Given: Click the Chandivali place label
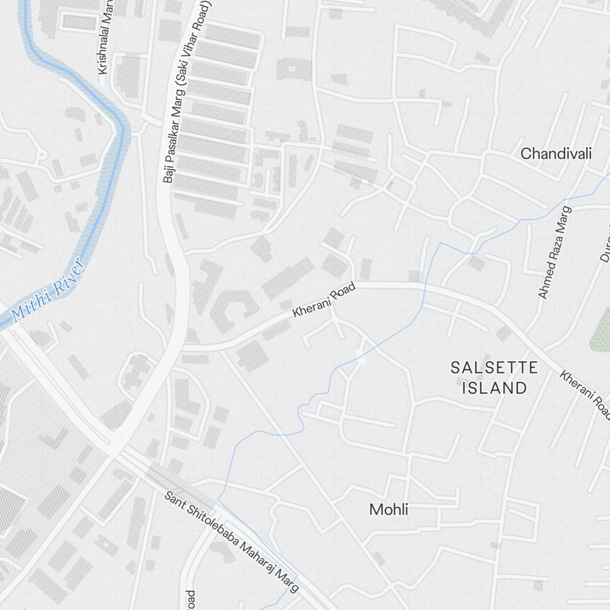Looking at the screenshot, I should coord(556,153).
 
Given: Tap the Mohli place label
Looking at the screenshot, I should coord(389,509).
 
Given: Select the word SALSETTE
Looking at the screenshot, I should coord(494,367).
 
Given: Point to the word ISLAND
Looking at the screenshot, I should coord(494,387).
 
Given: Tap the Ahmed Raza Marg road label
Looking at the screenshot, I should coord(554,252).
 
